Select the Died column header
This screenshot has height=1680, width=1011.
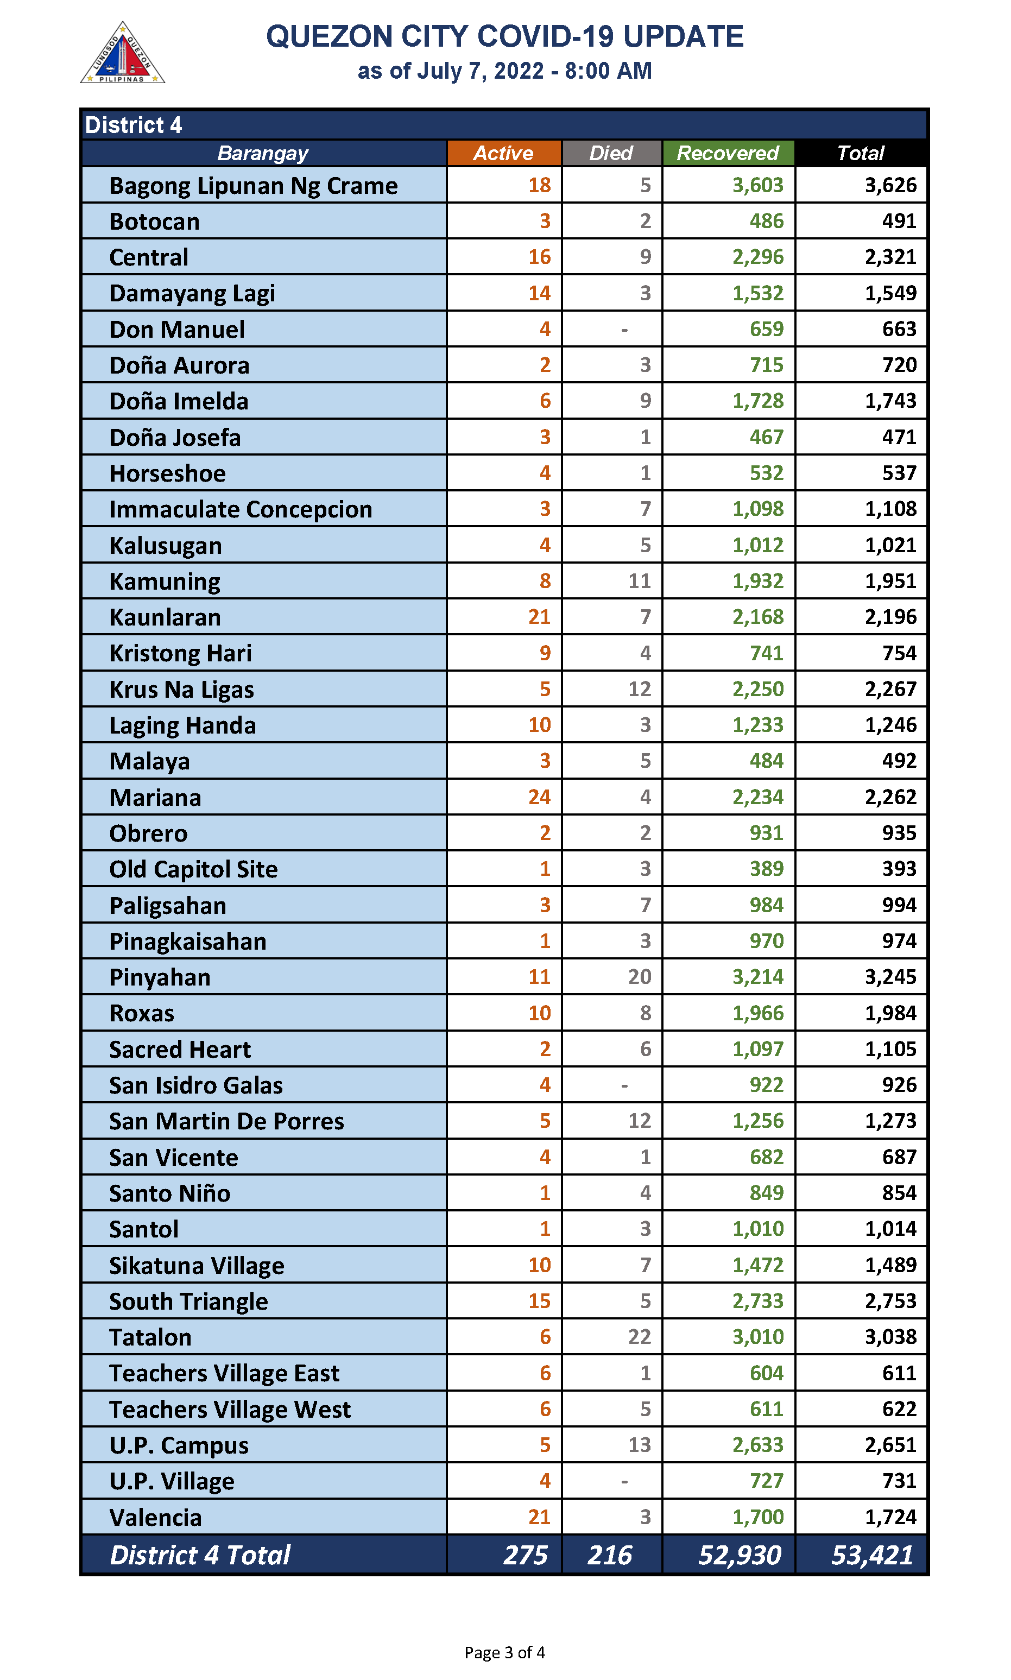[610, 153]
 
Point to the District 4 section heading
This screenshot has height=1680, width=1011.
[134, 125]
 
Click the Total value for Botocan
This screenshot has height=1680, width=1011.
[899, 222]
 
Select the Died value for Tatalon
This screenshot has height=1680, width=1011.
[639, 1337]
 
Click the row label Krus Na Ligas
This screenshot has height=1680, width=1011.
[181, 690]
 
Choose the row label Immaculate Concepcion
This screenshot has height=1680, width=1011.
[241, 509]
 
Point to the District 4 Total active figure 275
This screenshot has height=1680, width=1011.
[525, 1555]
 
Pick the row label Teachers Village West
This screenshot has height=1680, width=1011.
[230, 1409]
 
